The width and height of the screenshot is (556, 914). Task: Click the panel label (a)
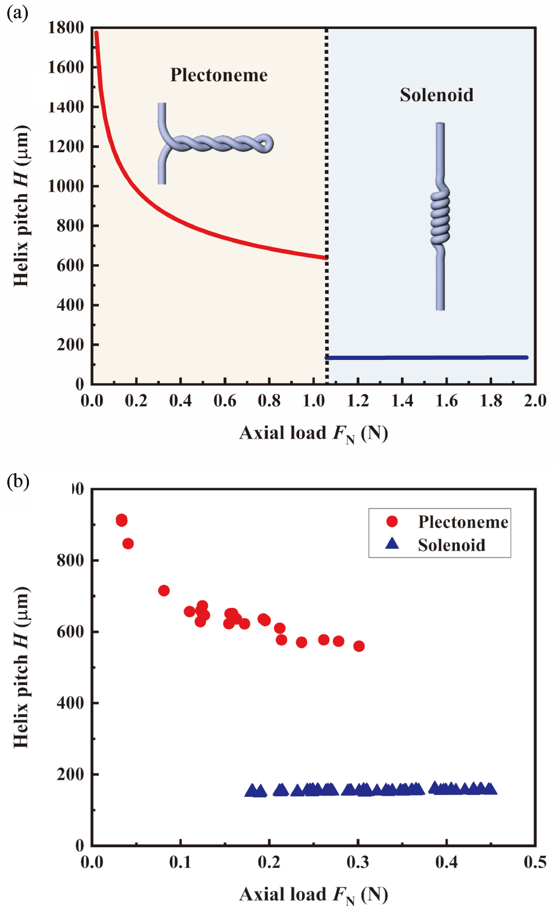(x=17, y=12)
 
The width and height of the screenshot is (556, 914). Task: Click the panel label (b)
(x=17, y=481)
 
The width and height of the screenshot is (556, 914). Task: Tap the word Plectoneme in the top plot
(x=218, y=75)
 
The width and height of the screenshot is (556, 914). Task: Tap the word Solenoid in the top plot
(x=436, y=95)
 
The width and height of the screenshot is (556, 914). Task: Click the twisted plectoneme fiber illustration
(x=213, y=143)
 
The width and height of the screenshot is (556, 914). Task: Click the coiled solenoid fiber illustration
(x=440, y=216)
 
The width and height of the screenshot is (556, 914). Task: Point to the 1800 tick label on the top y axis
(x=66, y=28)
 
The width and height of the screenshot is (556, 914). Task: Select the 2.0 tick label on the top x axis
(x=535, y=401)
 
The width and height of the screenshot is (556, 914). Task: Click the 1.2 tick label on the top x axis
(x=358, y=401)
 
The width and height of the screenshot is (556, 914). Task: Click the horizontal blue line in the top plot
(x=426, y=358)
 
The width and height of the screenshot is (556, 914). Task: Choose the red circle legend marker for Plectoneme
(x=392, y=522)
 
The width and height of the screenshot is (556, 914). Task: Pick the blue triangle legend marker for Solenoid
(x=392, y=543)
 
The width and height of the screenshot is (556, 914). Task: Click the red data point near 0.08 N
(x=164, y=590)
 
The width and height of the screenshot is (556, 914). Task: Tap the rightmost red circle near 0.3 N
(x=359, y=646)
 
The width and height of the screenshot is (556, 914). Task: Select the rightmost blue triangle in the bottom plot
(x=490, y=789)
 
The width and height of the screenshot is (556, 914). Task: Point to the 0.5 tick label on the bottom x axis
(x=535, y=862)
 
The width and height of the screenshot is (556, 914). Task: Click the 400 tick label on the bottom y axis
(x=70, y=703)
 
